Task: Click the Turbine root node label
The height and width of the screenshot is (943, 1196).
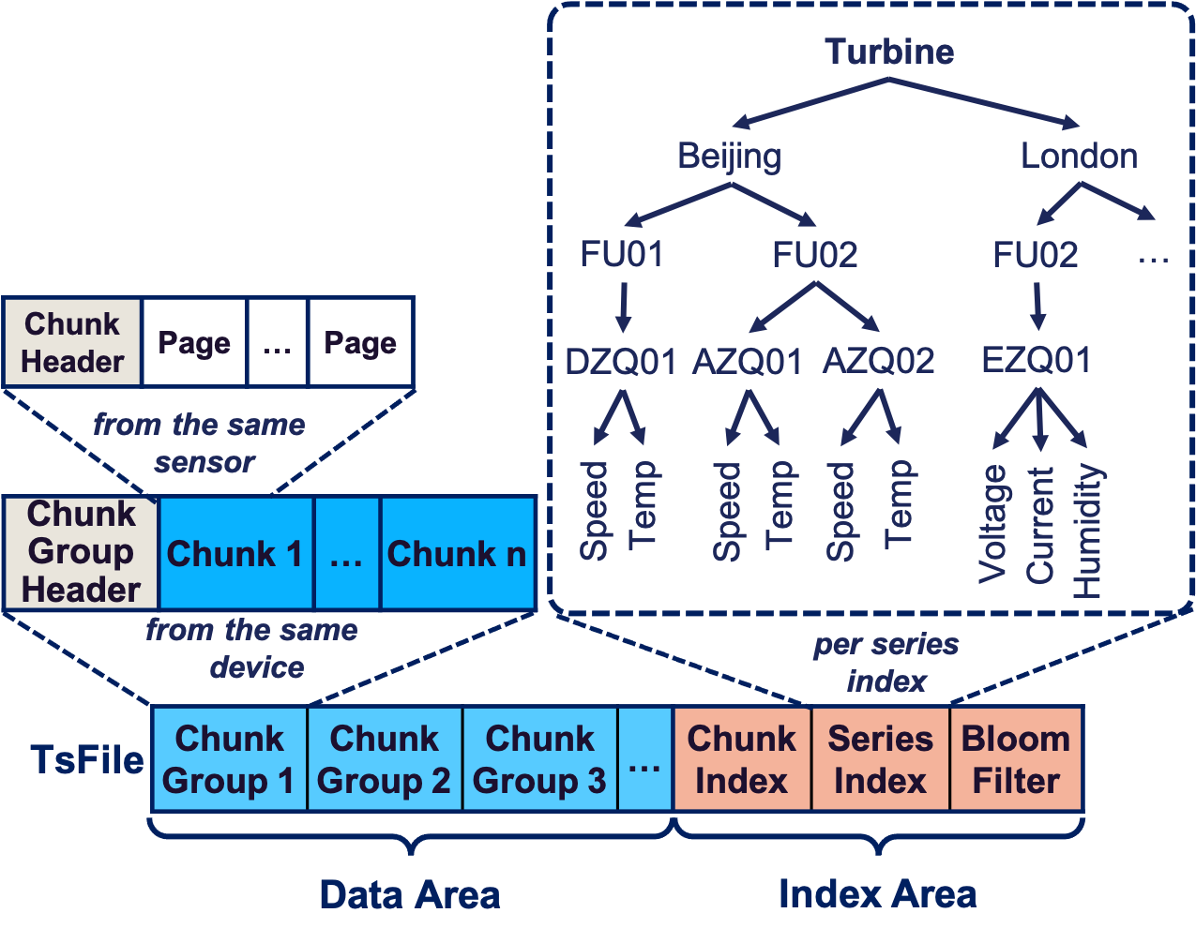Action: [888, 52]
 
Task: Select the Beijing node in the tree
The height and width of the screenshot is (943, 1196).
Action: [729, 156]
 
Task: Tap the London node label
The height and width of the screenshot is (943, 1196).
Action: [1079, 156]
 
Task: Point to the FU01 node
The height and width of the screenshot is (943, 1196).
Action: [621, 254]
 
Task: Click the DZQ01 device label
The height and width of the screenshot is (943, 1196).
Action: [621, 361]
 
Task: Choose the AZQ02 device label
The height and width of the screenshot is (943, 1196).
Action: [878, 361]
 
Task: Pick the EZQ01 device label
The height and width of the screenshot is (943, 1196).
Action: [1036, 360]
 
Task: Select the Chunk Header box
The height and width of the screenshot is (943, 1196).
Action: [72, 343]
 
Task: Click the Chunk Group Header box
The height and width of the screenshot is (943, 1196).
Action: [81, 552]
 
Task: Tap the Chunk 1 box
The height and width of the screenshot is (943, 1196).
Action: [235, 554]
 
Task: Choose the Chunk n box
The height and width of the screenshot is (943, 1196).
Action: [457, 554]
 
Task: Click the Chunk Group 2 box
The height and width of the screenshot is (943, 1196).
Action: [384, 759]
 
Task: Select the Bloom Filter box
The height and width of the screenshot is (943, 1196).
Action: [1016, 759]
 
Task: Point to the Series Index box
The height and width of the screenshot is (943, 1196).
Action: [880, 759]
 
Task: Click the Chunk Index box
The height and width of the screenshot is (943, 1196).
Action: [741, 759]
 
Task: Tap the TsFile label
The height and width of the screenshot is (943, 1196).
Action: [86, 759]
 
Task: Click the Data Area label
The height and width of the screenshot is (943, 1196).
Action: [409, 894]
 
